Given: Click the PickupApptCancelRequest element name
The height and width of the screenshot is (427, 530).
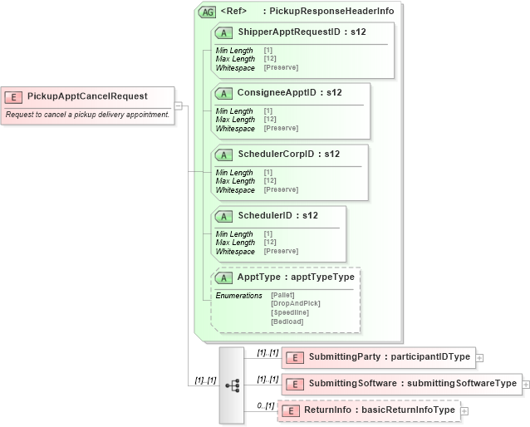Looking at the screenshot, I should coord(87,96).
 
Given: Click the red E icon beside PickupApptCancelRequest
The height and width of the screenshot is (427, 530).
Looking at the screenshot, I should coord(14,96).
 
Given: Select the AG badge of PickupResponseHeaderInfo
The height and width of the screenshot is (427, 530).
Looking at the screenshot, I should coord(207,12).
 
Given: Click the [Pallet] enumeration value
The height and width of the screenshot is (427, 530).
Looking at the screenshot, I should coord(283,295).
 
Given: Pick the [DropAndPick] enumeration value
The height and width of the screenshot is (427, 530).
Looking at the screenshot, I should coord(295,303).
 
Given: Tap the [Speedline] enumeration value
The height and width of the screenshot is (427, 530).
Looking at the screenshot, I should coord(290,312).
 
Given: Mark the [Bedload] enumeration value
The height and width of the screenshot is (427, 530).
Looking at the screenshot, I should coord(287,321).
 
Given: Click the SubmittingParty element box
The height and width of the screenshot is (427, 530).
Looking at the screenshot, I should coord(379,357).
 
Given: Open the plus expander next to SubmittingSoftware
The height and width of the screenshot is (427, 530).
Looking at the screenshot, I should coord(525,384).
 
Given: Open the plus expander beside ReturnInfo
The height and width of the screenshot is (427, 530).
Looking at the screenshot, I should coord(464,410).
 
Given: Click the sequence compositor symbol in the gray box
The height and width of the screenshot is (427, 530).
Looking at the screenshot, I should coord(232,385).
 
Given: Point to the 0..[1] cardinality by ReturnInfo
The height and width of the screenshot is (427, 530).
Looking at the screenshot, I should coord(265,405).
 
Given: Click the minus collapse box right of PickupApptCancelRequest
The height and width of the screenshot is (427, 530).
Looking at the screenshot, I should coord(179,106).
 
